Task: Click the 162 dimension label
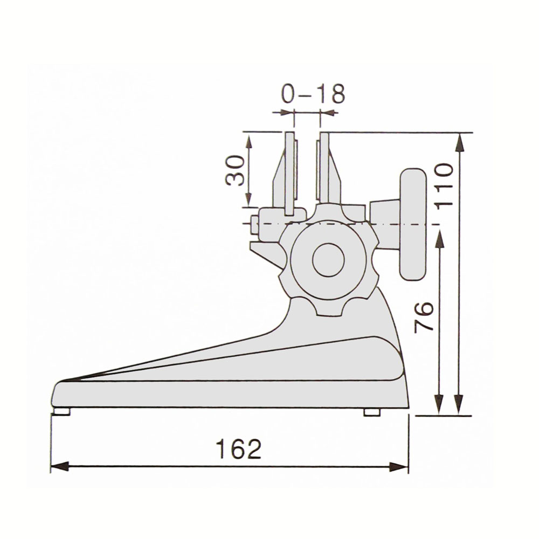click(x=238, y=449)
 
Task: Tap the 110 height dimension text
click(x=444, y=185)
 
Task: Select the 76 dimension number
click(x=424, y=317)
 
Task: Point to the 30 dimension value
click(x=235, y=170)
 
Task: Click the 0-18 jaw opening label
click(x=313, y=93)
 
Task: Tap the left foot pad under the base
click(x=62, y=411)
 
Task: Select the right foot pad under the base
click(x=372, y=412)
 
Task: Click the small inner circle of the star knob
click(x=328, y=260)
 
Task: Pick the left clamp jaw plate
click(x=290, y=174)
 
